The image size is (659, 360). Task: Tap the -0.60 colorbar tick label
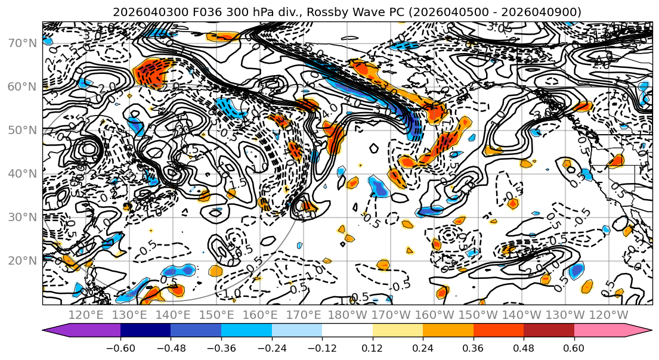point(120,347)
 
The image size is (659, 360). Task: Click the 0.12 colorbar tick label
point(373,347)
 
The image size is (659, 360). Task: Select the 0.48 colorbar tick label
point(524,347)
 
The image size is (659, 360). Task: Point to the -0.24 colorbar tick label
point(271,347)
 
